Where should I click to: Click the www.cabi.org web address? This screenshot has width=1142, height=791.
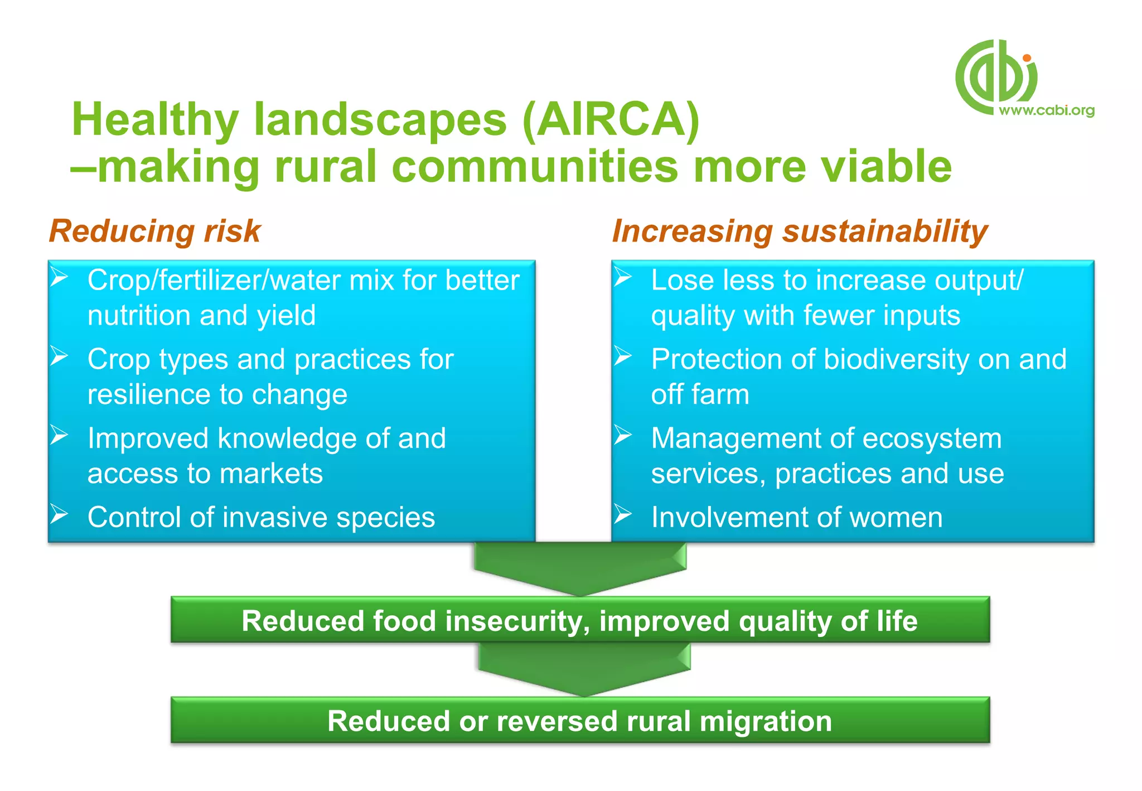[1046, 110]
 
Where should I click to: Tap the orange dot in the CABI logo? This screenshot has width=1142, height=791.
[1027, 57]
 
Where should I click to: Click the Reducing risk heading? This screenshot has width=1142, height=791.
[155, 231]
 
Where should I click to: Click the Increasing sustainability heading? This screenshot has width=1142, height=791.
[800, 231]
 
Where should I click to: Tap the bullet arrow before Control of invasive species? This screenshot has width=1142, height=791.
[60, 514]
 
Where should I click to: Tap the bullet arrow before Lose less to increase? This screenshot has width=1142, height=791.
[623, 277]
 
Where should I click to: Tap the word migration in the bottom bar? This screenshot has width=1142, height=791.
[766, 721]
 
